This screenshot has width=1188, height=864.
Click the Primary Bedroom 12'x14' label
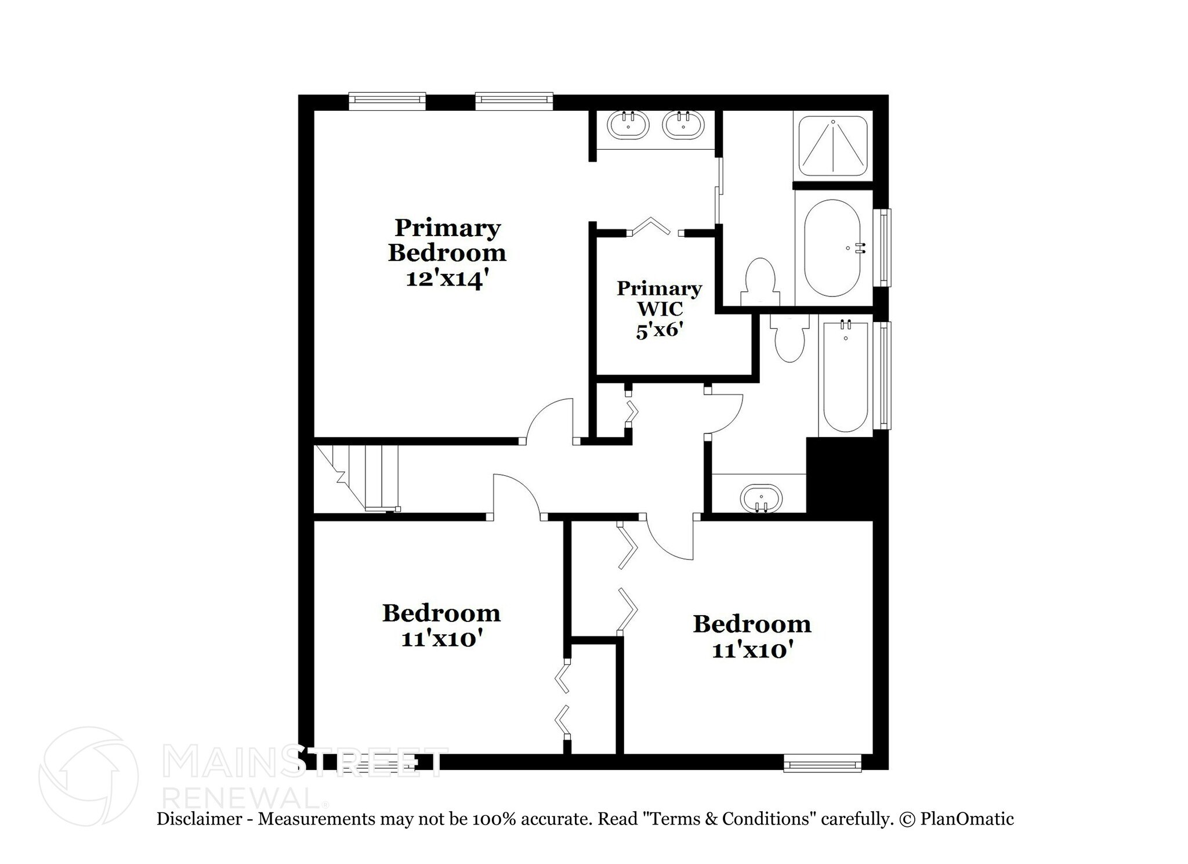click(447, 253)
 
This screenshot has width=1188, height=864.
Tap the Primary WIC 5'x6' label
click(659, 309)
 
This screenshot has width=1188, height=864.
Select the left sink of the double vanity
click(628, 125)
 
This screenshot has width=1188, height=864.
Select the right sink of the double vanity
click(684, 125)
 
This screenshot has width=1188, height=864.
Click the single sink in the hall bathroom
click(761, 498)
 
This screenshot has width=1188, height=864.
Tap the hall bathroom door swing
click(725, 413)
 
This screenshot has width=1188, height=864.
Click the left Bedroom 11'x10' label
click(441, 625)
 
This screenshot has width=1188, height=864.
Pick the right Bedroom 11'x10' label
click(752, 636)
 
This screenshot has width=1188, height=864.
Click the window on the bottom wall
click(822, 762)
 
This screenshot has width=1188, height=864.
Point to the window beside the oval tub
click(884, 248)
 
